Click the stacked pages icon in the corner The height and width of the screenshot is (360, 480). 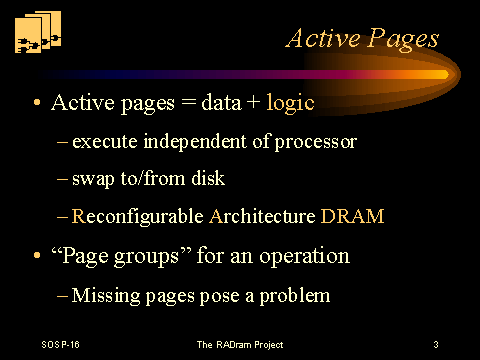[x=38, y=32]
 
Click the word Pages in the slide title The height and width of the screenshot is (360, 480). [x=403, y=40]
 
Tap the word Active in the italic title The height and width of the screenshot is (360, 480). [x=323, y=38]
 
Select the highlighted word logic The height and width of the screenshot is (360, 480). [x=290, y=103]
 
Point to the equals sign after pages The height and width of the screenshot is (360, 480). [x=188, y=102]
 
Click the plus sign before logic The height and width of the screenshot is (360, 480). [x=253, y=102]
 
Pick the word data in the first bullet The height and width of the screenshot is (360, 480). [x=221, y=102]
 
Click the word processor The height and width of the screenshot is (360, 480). [x=316, y=143]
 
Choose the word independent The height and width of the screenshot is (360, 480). [x=195, y=141]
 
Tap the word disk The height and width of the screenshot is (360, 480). [x=208, y=178]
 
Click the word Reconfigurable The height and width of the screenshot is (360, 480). [x=138, y=216]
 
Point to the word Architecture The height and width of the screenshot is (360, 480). [x=262, y=216]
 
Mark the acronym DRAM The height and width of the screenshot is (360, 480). [x=352, y=216]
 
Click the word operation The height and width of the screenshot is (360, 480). [x=305, y=257]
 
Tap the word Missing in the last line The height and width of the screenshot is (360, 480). [x=106, y=296]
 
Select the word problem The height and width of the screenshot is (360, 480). [x=295, y=296]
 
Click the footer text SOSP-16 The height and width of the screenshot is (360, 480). [x=60, y=344]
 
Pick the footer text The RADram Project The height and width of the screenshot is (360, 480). [x=240, y=345]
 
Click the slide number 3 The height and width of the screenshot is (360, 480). [x=436, y=344]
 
